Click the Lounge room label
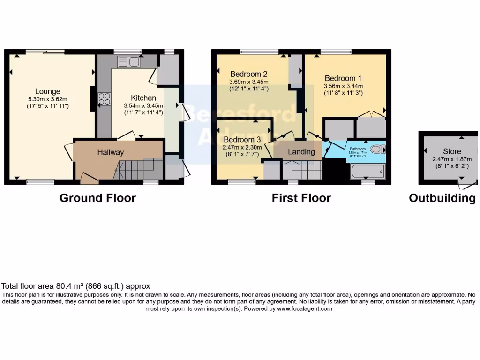tap(47, 91)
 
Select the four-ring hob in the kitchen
tap(104, 99)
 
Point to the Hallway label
tap(111, 152)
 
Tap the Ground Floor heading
tap(97, 198)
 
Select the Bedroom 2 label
tap(248, 74)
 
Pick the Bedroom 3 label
tap(242, 140)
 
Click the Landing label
tap(301, 152)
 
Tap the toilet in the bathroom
tap(376, 150)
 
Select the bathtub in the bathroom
tap(367, 171)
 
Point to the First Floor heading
tap(301, 198)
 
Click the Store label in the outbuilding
tap(452, 152)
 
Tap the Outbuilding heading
tap(442, 198)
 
